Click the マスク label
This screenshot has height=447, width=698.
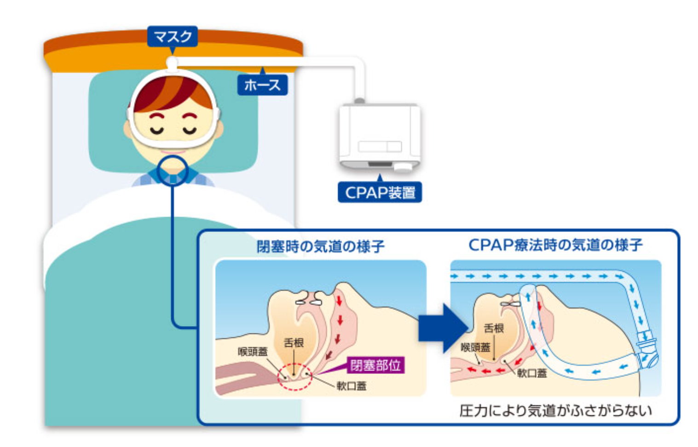pyautogui.click(x=173, y=36)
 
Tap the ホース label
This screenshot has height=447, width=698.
pyautogui.click(x=262, y=85)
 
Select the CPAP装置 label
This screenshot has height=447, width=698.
pyautogui.click(x=380, y=192)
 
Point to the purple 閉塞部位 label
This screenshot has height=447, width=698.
pyautogui.click(x=375, y=366)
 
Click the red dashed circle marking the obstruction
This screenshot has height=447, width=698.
pyautogui.click(x=294, y=376)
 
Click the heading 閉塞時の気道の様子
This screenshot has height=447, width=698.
pyautogui.click(x=320, y=246)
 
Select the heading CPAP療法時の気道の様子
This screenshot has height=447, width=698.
pyautogui.click(x=555, y=245)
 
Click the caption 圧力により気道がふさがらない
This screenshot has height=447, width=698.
pyautogui.click(x=555, y=410)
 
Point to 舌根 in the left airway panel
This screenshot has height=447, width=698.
pyautogui.click(x=294, y=343)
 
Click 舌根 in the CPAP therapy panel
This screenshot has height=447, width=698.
pyautogui.click(x=494, y=328)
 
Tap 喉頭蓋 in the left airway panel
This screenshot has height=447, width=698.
pyautogui.click(x=253, y=352)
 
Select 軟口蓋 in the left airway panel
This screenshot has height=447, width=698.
pyautogui.click(x=351, y=386)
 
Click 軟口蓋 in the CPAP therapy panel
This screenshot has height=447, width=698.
pyautogui.click(x=532, y=373)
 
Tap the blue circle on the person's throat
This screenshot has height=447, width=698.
pyautogui.click(x=173, y=170)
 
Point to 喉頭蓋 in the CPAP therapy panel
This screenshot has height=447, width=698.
pyautogui.click(x=475, y=347)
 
